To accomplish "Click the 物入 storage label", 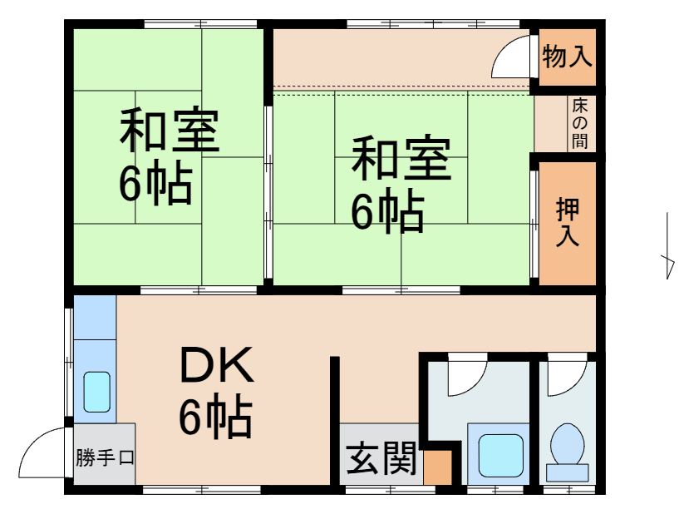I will (567, 57).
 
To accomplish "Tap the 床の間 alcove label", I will (579, 124).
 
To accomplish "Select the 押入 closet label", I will (568, 223).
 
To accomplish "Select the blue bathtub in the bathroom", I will (499, 454).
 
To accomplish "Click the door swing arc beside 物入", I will (514, 59).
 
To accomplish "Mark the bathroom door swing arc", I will (465, 376).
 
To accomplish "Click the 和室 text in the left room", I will (170, 132).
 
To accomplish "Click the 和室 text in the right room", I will (401, 161).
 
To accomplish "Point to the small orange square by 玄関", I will (436, 467).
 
